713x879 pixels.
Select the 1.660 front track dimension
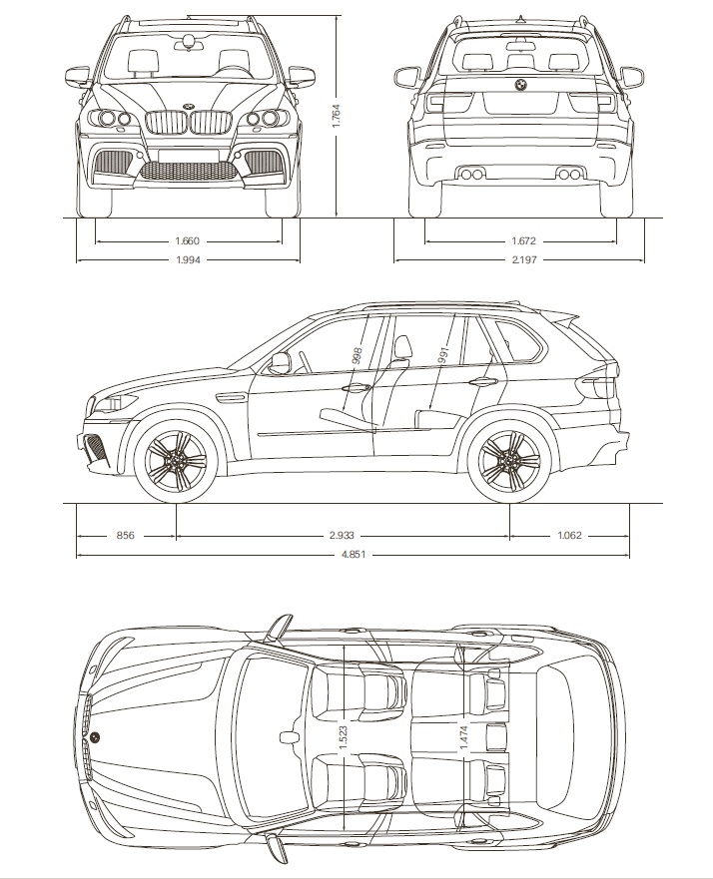click(188, 240)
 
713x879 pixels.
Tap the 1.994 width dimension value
click(188, 261)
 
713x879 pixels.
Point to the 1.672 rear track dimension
click(521, 240)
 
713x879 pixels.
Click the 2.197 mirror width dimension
click(521, 261)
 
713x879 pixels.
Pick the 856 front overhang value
click(125, 536)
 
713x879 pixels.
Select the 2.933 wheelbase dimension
click(343, 536)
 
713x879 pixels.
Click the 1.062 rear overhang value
click(569, 536)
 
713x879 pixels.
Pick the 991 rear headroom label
click(440, 355)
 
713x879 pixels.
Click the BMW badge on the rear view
click(520, 86)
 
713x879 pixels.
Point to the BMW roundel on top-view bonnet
click(97, 737)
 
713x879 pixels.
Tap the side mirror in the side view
click(279, 362)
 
